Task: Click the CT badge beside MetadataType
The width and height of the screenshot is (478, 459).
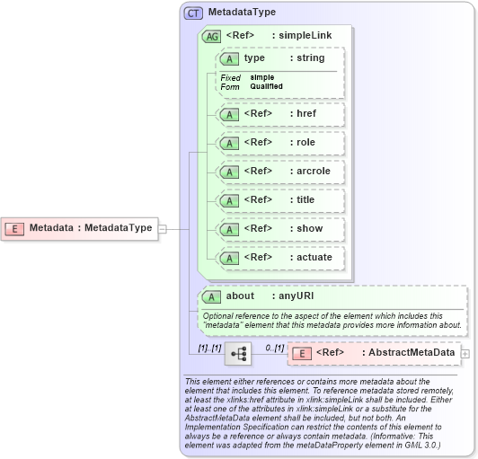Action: pos(193,13)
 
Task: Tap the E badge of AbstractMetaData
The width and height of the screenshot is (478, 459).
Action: pos(303,353)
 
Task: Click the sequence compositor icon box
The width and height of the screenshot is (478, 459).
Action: pos(238,354)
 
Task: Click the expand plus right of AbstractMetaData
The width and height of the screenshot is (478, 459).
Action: pos(465,353)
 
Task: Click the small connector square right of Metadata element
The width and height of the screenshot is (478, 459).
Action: pos(162,228)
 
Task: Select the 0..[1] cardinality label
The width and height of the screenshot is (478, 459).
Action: pos(274,347)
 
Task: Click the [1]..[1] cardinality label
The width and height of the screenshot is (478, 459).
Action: pos(209,347)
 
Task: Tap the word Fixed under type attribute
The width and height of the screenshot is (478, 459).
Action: pos(231,78)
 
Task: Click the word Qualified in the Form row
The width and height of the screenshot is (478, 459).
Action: pos(266,86)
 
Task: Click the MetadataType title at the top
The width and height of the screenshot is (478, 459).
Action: pos(242,13)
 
